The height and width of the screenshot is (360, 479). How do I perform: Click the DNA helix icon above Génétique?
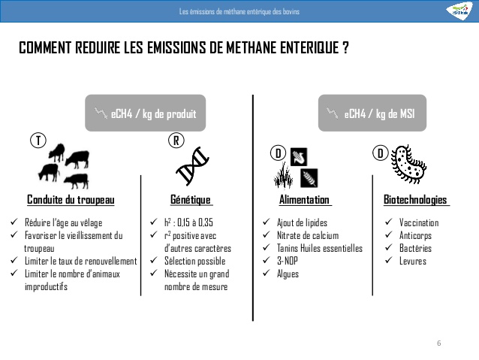(191, 167)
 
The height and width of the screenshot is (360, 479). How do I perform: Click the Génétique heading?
(191, 200)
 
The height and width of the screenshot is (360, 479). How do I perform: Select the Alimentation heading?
(304, 200)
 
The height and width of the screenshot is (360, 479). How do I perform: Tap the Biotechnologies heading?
(415, 200)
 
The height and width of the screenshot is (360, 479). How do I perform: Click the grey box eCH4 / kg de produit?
(145, 114)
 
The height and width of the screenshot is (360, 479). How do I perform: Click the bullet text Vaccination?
(419, 223)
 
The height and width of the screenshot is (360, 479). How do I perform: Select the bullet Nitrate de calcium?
(307, 236)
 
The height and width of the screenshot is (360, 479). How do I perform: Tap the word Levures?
(412, 262)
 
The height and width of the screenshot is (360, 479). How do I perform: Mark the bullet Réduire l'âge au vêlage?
(63, 223)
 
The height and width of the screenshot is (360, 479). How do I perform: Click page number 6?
(439, 343)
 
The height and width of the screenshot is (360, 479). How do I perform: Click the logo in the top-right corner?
(459, 10)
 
